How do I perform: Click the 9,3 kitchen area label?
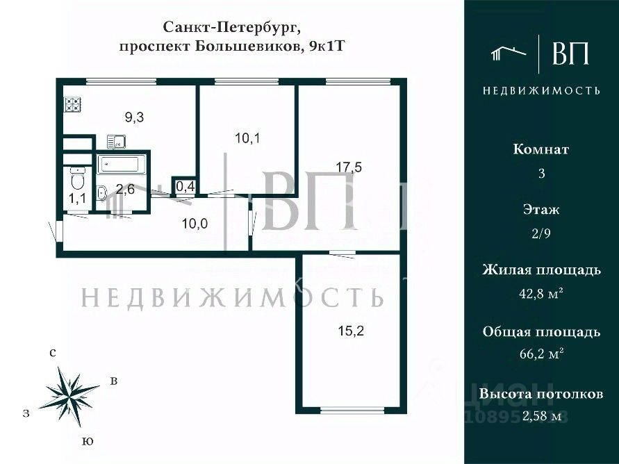coord(134,117)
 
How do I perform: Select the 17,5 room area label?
coord(348,167)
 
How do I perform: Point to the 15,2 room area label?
coord(351,331)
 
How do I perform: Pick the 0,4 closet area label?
coord(184,186)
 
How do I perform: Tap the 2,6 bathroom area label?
coord(125,189)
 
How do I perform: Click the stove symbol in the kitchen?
coord(73,104)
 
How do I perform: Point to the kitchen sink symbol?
coord(116,142)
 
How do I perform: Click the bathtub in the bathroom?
coord(122,165)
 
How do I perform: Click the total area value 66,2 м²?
coord(541,354)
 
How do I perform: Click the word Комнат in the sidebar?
coord(541,149)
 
